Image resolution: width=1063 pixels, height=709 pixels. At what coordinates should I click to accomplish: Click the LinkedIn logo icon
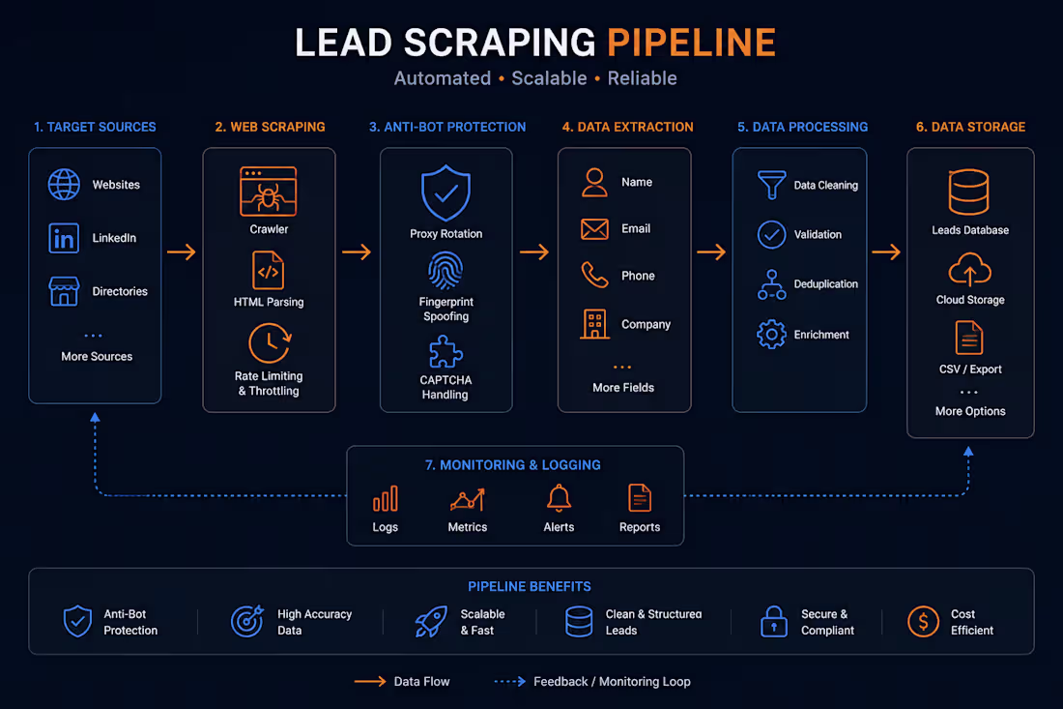(x=64, y=238)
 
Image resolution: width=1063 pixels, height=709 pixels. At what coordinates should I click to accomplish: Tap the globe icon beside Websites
(x=64, y=185)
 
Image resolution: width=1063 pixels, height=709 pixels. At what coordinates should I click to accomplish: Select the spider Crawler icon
(x=269, y=192)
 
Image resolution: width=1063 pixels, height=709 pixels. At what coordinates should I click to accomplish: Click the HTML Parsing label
(x=269, y=302)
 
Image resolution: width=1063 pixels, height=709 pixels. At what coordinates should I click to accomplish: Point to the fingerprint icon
(x=445, y=270)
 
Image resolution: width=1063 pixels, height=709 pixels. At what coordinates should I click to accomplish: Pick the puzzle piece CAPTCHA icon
(x=445, y=352)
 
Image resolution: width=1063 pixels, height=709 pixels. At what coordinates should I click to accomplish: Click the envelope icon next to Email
(x=594, y=229)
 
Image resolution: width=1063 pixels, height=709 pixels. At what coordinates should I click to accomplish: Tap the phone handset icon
(x=594, y=275)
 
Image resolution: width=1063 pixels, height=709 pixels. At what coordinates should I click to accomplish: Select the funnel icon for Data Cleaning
(x=771, y=185)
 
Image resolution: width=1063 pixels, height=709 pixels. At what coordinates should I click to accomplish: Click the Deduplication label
(x=825, y=284)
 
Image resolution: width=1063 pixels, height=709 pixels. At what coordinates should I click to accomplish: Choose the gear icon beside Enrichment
(x=771, y=335)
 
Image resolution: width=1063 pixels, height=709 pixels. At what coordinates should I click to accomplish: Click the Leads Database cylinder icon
(x=968, y=192)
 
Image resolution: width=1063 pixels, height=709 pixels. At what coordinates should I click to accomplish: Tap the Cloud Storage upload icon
(x=969, y=269)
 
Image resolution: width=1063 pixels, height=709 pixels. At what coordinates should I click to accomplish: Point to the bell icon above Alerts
(x=559, y=498)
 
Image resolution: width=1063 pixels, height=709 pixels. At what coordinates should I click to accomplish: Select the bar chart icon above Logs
(x=385, y=499)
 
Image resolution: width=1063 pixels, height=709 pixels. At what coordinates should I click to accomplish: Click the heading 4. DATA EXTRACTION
(x=628, y=127)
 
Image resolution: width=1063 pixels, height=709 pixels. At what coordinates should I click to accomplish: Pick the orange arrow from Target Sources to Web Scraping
(x=182, y=252)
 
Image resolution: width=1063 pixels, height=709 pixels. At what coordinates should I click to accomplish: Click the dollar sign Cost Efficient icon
(x=923, y=621)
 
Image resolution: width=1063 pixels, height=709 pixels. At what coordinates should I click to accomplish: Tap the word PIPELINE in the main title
(x=692, y=42)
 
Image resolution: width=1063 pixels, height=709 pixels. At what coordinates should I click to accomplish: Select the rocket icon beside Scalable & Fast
(x=431, y=621)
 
